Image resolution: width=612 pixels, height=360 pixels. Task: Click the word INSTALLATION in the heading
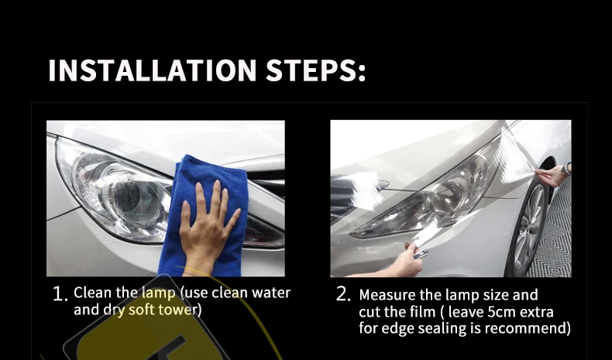coord(152,70)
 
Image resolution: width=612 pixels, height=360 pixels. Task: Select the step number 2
coord(342,294)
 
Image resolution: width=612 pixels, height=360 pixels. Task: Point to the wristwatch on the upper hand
coord(567,169)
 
